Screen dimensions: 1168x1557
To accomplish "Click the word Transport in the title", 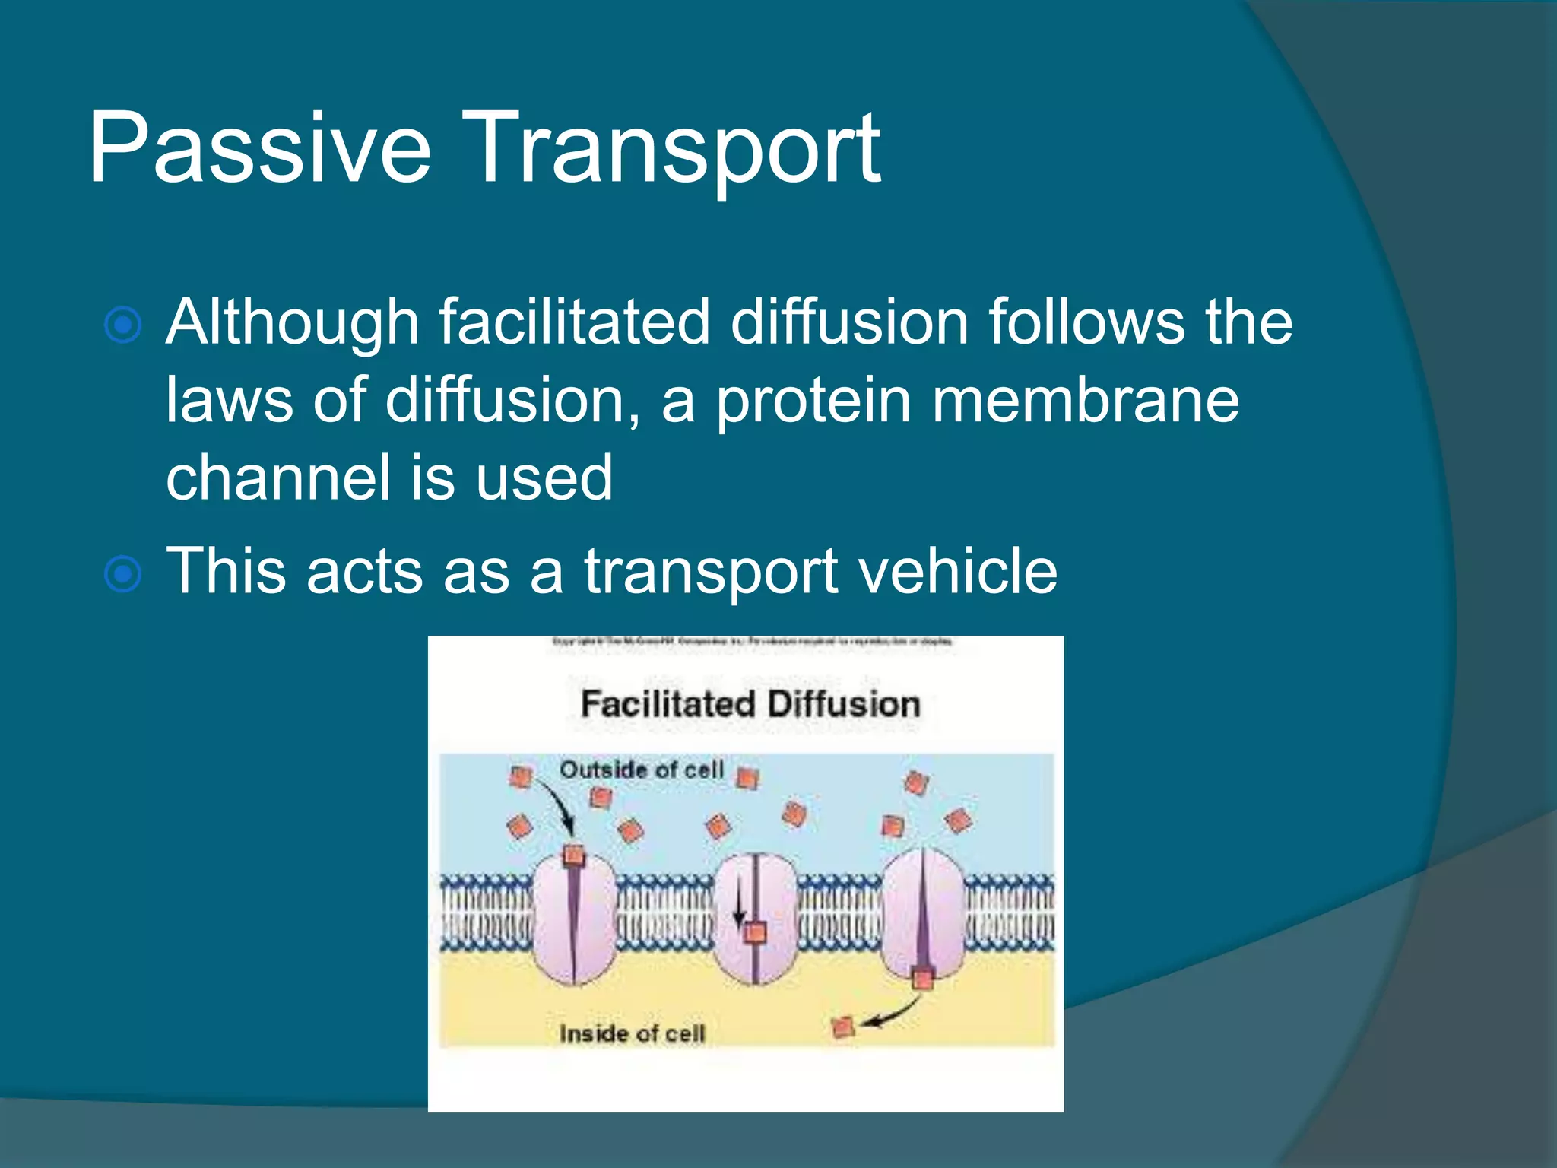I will pyautogui.click(x=677, y=148).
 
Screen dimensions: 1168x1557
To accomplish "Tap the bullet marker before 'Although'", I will pyautogui.click(x=122, y=325).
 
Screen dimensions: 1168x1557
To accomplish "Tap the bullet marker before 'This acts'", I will pyautogui.click(x=122, y=574).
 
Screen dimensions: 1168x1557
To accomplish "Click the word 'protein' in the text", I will pyautogui.click(x=813, y=401).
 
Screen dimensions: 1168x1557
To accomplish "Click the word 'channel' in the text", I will pyautogui.click(x=277, y=478).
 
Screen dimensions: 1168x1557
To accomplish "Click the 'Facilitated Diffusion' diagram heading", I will pyautogui.click(x=750, y=704).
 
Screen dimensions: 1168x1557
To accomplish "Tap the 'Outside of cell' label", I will pyautogui.click(x=641, y=770).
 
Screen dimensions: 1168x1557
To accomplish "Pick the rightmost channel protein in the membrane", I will pyautogui.click(x=923, y=912).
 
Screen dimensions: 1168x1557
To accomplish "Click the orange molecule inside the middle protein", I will pyautogui.click(x=755, y=932).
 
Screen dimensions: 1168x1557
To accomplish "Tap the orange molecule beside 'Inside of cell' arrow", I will pyautogui.click(x=843, y=1028).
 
